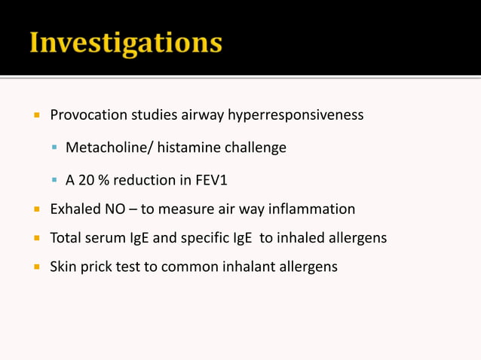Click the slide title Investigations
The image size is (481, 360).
(x=125, y=42)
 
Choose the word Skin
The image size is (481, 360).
(x=63, y=267)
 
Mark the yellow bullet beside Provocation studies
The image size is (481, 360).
(x=35, y=115)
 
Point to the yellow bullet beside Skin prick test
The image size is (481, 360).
(x=35, y=267)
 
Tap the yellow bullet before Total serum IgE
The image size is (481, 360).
(x=35, y=238)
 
